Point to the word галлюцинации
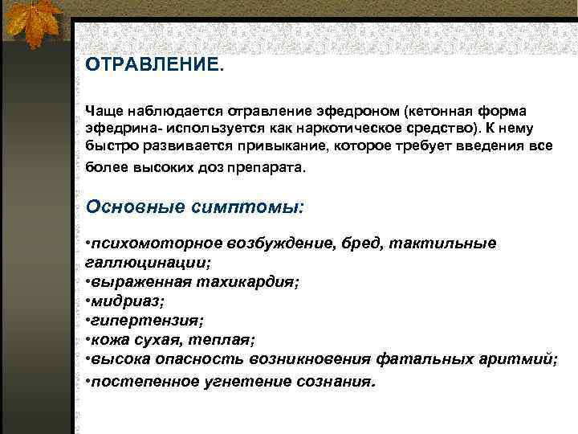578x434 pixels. [x=148, y=262]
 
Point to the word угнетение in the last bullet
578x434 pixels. [x=242, y=379]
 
